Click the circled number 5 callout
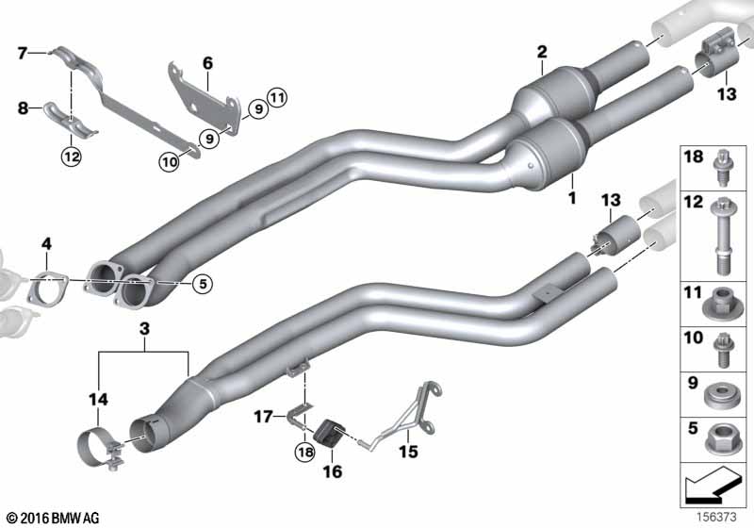203,284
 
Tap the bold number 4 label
46,244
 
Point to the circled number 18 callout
305,452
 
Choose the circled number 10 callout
170,161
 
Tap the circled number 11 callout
277,98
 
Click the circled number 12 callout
71,156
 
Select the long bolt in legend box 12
720,236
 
